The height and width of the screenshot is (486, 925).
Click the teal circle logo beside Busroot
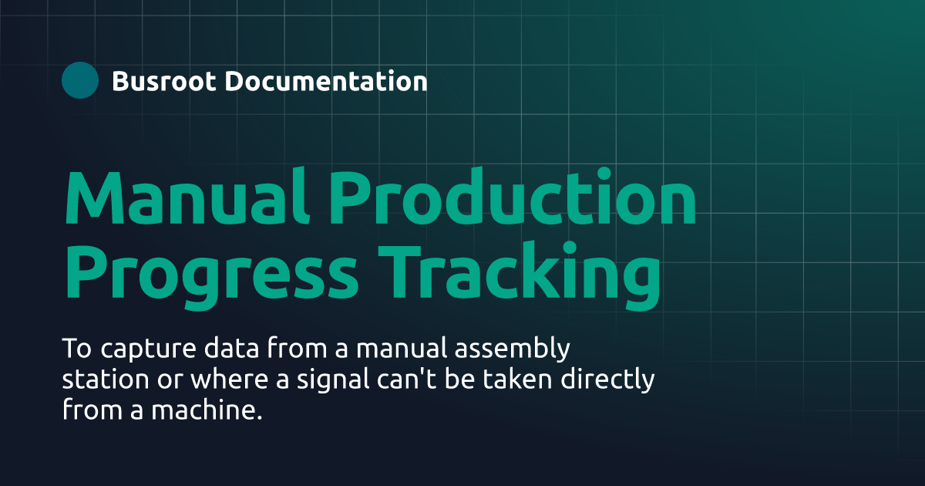click(80, 80)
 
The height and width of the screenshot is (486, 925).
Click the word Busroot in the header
click(163, 81)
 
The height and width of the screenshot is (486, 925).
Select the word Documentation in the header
click(326, 81)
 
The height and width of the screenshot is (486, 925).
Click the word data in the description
click(224, 349)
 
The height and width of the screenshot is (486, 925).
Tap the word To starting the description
click(75, 349)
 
